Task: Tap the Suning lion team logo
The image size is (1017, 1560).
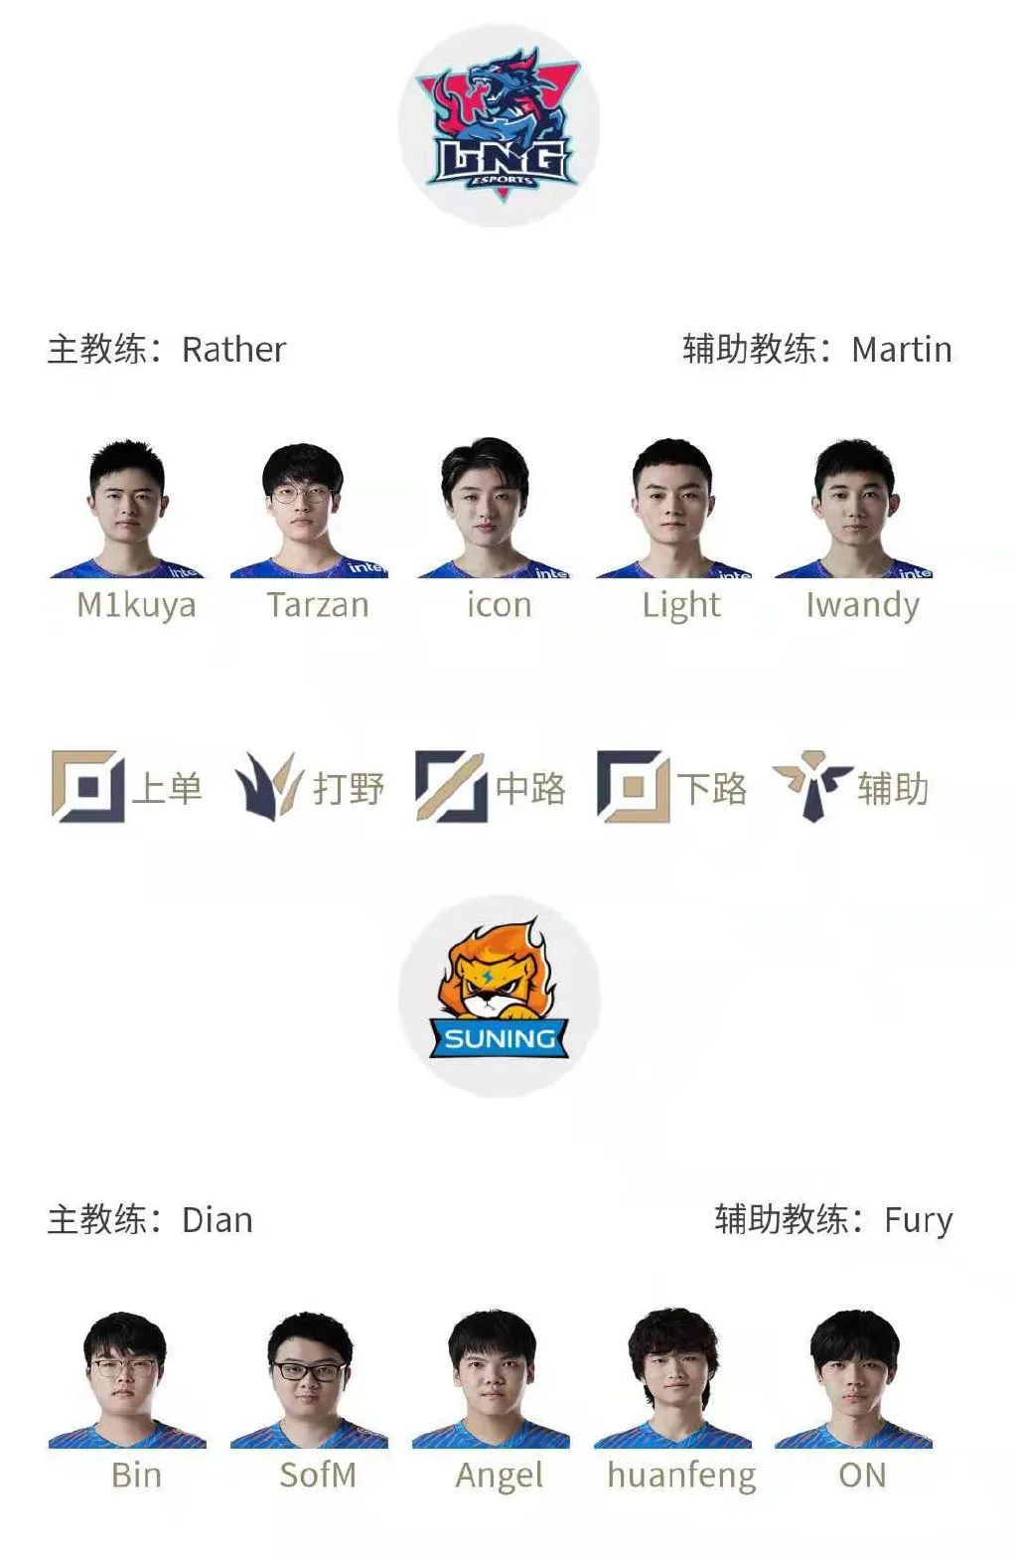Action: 500,996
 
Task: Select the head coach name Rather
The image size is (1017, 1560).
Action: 233,350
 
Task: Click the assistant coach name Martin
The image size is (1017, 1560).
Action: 902,350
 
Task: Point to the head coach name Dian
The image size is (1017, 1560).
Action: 217,1220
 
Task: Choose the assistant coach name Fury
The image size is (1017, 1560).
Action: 918,1220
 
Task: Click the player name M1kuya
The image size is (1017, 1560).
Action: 136,605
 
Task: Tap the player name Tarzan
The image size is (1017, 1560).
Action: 318,605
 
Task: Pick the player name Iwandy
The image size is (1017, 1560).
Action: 862,605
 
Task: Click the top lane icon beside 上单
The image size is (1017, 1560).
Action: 87,787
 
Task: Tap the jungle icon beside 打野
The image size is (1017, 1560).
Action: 268,785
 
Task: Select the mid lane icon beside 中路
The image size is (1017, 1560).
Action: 450,787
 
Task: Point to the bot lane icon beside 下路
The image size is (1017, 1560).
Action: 633,787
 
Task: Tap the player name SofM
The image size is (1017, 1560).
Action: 318,1476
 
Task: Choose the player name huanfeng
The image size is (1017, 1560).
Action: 681,1476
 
